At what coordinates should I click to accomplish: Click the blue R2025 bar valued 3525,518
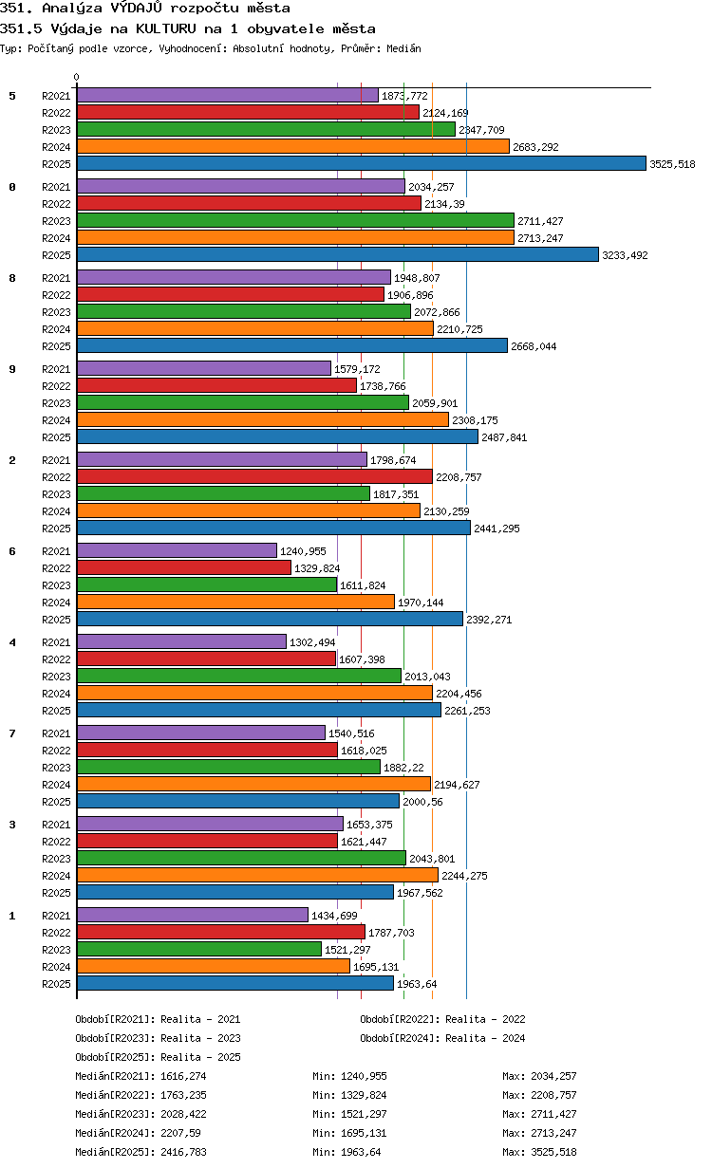pyautogui.click(x=361, y=163)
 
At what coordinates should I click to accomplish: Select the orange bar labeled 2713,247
pyautogui.click(x=295, y=237)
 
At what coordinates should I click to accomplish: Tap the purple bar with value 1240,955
pyautogui.click(x=177, y=550)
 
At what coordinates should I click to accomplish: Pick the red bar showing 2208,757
pyautogui.click(x=254, y=476)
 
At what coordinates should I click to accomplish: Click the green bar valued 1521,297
pyautogui.click(x=199, y=949)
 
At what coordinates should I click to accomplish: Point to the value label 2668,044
pyautogui.click(x=534, y=346)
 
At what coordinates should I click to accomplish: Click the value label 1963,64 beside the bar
pyautogui.click(x=417, y=984)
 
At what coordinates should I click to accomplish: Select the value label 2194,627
pyautogui.click(x=457, y=785)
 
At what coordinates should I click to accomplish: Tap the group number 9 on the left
pyautogui.click(x=12, y=369)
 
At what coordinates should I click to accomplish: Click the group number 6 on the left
pyautogui.click(x=12, y=551)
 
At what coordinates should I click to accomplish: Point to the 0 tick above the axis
pyautogui.click(x=77, y=77)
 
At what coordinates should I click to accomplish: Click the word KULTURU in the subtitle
pyautogui.click(x=166, y=28)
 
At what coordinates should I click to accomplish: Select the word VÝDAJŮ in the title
pyautogui.click(x=137, y=8)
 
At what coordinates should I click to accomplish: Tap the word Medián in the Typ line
pyautogui.click(x=403, y=48)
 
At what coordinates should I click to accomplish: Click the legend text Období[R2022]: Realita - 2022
pyautogui.click(x=442, y=1019)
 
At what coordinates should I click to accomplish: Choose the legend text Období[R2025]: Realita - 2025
pyautogui.click(x=159, y=1057)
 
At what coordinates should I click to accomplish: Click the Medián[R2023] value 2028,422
pyautogui.click(x=184, y=1114)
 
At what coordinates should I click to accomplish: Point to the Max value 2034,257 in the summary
pyautogui.click(x=553, y=1076)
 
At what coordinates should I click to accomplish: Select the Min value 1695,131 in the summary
pyautogui.click(x=364, y=1133)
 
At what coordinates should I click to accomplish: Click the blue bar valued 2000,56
pyautogui.click(x=238, y=801)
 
